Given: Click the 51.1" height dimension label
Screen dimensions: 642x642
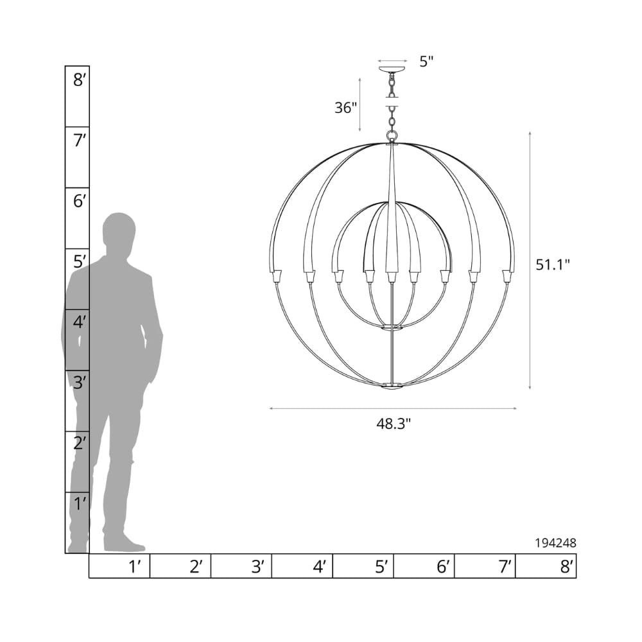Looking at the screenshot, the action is click(x=553, y=265).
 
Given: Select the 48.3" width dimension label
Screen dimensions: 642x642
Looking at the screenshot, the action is click(x=393, y=424).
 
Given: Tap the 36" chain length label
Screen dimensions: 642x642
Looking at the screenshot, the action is click(x=346, y=108).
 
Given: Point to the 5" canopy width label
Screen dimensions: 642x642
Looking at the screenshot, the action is click(x=426, y=62).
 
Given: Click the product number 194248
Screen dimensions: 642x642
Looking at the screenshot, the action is click(x=555, y=543).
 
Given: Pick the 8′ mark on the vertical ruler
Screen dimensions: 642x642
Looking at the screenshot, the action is click(x=80, y=80).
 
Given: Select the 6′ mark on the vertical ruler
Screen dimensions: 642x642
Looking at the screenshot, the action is click(x=80, y=202).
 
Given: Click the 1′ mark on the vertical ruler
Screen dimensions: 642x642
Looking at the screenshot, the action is click(x=80, y=504).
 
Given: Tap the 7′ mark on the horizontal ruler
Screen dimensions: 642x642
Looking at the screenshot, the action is click(x=505, y=567).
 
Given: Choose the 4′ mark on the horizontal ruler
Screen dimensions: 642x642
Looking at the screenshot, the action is click(x=320, y=567).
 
